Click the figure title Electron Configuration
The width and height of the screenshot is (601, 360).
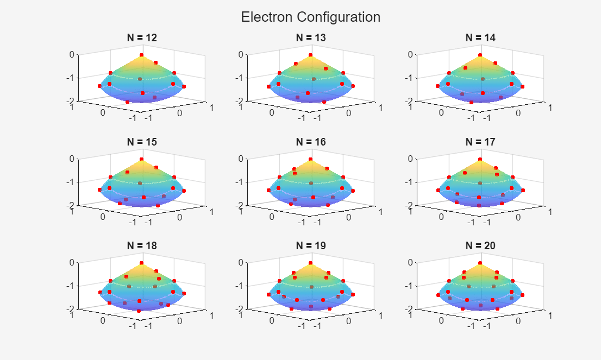tap(310, 17)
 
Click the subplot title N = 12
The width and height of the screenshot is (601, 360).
tap(142, 38)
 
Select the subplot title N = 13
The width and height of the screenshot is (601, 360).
tap(311, 38)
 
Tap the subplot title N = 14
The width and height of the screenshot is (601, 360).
tap(480, 38)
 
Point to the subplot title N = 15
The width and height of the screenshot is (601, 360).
tap(142, 142)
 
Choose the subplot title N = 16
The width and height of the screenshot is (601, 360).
tap(311, 142)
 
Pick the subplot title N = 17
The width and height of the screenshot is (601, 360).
tap(480, 142)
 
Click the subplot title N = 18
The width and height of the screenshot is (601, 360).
tap(142, 245)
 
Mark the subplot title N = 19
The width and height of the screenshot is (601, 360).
tap(311, 245)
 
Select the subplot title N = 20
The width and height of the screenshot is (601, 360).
tap(480, 245)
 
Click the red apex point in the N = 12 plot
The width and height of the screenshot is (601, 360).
tap(142, 55)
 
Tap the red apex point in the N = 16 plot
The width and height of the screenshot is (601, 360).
tap(311, 160)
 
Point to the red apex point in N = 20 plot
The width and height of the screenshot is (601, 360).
tap(480, 263)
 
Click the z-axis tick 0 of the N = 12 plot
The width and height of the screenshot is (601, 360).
tap(72, 54)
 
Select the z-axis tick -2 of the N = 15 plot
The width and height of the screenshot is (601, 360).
tap(71, 205)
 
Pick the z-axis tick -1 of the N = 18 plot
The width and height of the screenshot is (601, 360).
tap(71, 286)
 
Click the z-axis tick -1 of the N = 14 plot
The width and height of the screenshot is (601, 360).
tap(409, 78)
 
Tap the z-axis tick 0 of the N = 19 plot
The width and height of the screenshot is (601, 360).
tap(241, 262)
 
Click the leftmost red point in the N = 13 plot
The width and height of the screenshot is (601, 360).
tap(269, 86)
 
